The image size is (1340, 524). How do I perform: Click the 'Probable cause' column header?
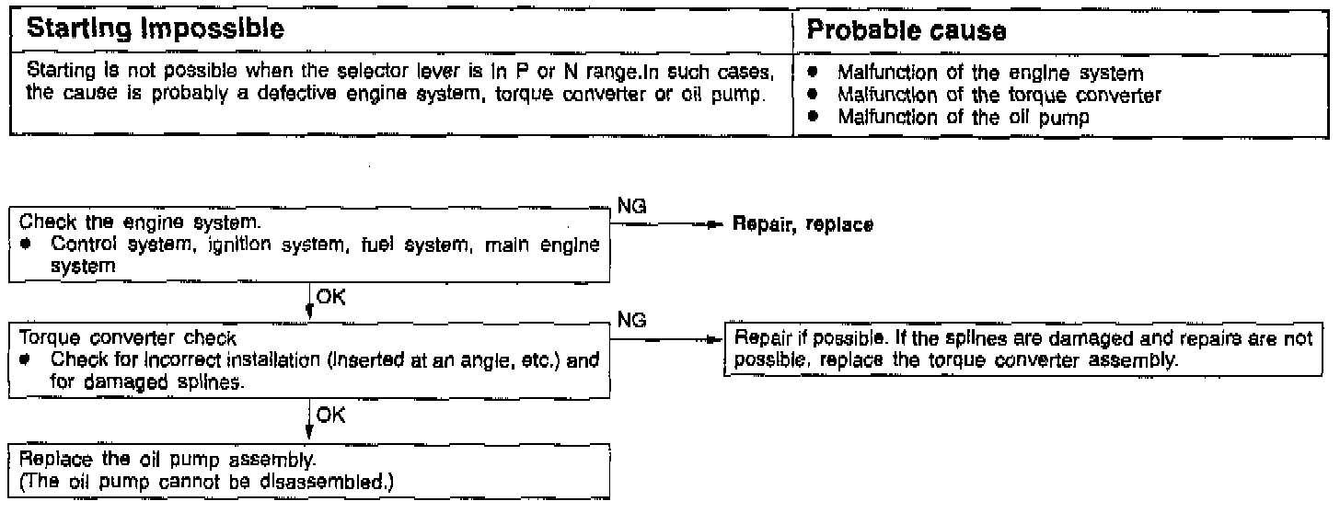tap(906, 29)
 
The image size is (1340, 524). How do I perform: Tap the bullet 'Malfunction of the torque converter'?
tap(998, 94)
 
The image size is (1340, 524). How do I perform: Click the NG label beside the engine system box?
tap(631, 208)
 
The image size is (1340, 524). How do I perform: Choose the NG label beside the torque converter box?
tap(631, 321)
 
